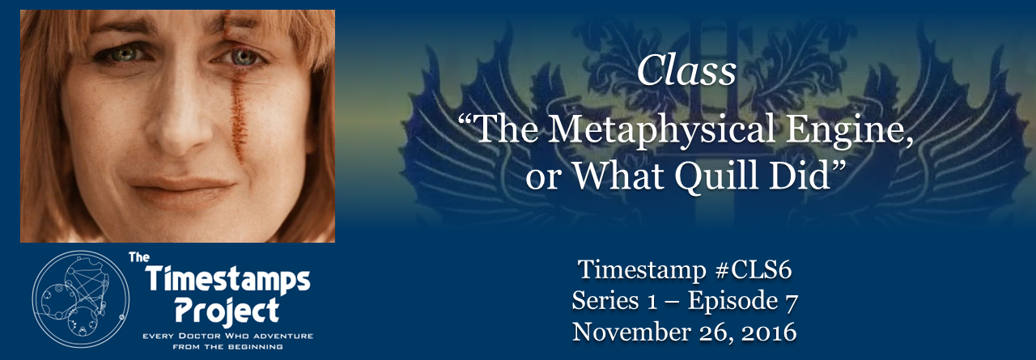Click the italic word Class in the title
click(x=686, y=73)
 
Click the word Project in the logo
click(x=228, y=310)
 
